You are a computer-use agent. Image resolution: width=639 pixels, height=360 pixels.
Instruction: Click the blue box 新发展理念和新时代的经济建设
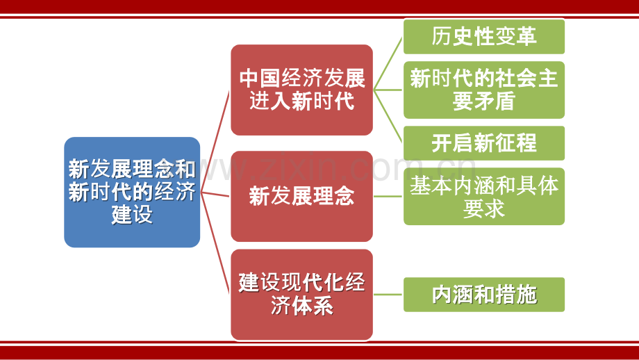pyautogui.click(x=132, y=192)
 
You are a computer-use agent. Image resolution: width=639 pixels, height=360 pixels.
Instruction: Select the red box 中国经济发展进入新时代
pyautogui.click(x=301, y=90)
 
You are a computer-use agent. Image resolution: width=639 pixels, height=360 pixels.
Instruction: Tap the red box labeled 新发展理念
pyautogui.click(x=301, y=196)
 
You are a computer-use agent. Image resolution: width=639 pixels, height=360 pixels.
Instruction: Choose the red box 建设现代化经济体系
pyautogui.click(x=301, y=295)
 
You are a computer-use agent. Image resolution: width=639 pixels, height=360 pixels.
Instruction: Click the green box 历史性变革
pyautogui.click(x=484, y=36)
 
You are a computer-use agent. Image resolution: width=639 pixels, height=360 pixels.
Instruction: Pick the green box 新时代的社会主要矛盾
pyautogui.click(x=484, y=90)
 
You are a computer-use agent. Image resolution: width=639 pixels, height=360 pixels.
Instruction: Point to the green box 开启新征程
pyautogui.click(x=484, y=143)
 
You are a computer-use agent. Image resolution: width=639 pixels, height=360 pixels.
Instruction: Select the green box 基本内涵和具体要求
pyautogui.click(x=484, y=196)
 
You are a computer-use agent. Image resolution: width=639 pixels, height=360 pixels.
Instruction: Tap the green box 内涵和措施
pyautogui.click(x=484, y=295)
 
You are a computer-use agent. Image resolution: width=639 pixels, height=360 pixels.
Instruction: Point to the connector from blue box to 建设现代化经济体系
pyautogui.click(x=215, y=243)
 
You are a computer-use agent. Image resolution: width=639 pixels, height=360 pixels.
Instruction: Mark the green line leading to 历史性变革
pyautogui.click(x=388, y=63)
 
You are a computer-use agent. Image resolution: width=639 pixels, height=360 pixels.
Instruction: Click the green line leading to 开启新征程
pyautogui.click(x=388, y=116)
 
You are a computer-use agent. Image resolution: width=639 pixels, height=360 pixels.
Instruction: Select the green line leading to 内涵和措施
pyautogui.click(x=388, y=295)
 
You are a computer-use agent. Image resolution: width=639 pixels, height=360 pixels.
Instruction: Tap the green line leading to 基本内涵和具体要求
pyautogui.click(x=388, y=196)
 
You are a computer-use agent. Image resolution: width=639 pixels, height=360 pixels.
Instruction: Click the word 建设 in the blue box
pyautogui.click(x=132, y=215)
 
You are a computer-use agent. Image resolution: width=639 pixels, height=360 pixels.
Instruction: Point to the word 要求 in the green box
pyautogui.click(x=484, y=208)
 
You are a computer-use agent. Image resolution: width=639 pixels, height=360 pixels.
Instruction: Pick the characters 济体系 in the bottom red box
pyautogui.click(x=301, y=306)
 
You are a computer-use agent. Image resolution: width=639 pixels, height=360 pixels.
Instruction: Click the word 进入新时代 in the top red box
pyautogui.click(x=301, y=101)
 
